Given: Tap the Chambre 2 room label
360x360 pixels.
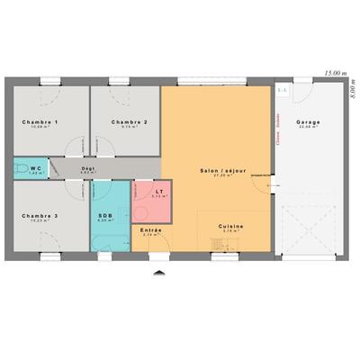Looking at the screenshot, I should pos(129,121).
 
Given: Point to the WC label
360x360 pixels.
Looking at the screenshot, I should pos(36,167).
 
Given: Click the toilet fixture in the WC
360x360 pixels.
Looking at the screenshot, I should pos(19,168).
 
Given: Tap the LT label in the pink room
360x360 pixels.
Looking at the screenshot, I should pos(158,192).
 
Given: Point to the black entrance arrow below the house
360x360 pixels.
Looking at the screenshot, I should pos(158,271).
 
